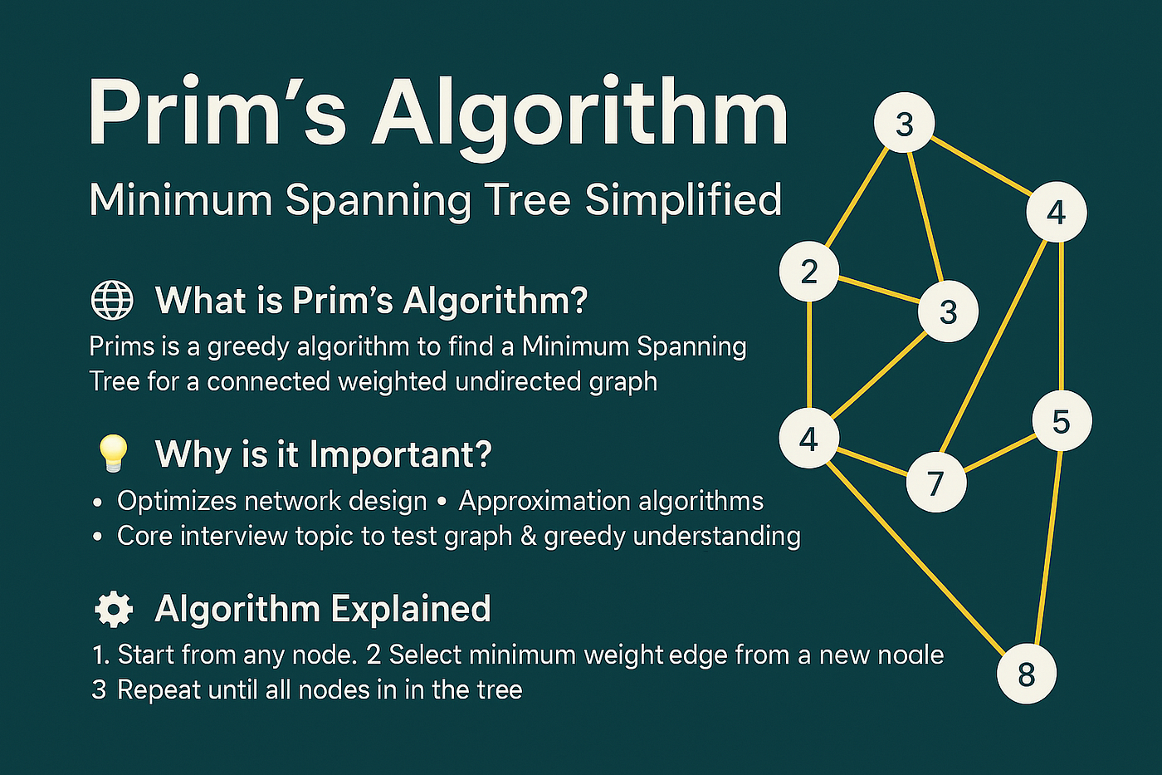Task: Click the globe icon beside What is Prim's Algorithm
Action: click(111, 300)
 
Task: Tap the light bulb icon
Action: click(113, 453)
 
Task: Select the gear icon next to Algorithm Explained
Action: click(113, 609)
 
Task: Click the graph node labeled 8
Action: click(1026, 674)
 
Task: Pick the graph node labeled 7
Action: click(935, 482)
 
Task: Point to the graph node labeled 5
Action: click(1061, 421)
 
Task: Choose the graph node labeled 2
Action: click(809, 271)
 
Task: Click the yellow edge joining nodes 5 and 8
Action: click(1045, 548)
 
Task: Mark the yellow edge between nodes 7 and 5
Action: click(998, 452)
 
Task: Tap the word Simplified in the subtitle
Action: click(683, 200)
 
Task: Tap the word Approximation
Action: click(536, 501)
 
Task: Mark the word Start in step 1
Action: click(146, 655)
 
